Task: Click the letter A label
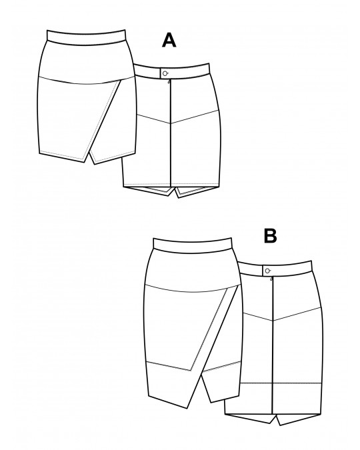click(x=169, y=40)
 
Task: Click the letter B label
click(x=270, y=236)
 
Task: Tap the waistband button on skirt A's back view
click(x=165, y=73)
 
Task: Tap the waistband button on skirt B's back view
click(x=267, y=271)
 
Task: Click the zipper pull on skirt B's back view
click(x=271, y=279)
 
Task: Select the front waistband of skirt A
click(x=87, y=37)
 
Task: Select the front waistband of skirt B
click(x=193, y=245)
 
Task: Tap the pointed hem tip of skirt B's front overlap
click(x=187, y=408)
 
